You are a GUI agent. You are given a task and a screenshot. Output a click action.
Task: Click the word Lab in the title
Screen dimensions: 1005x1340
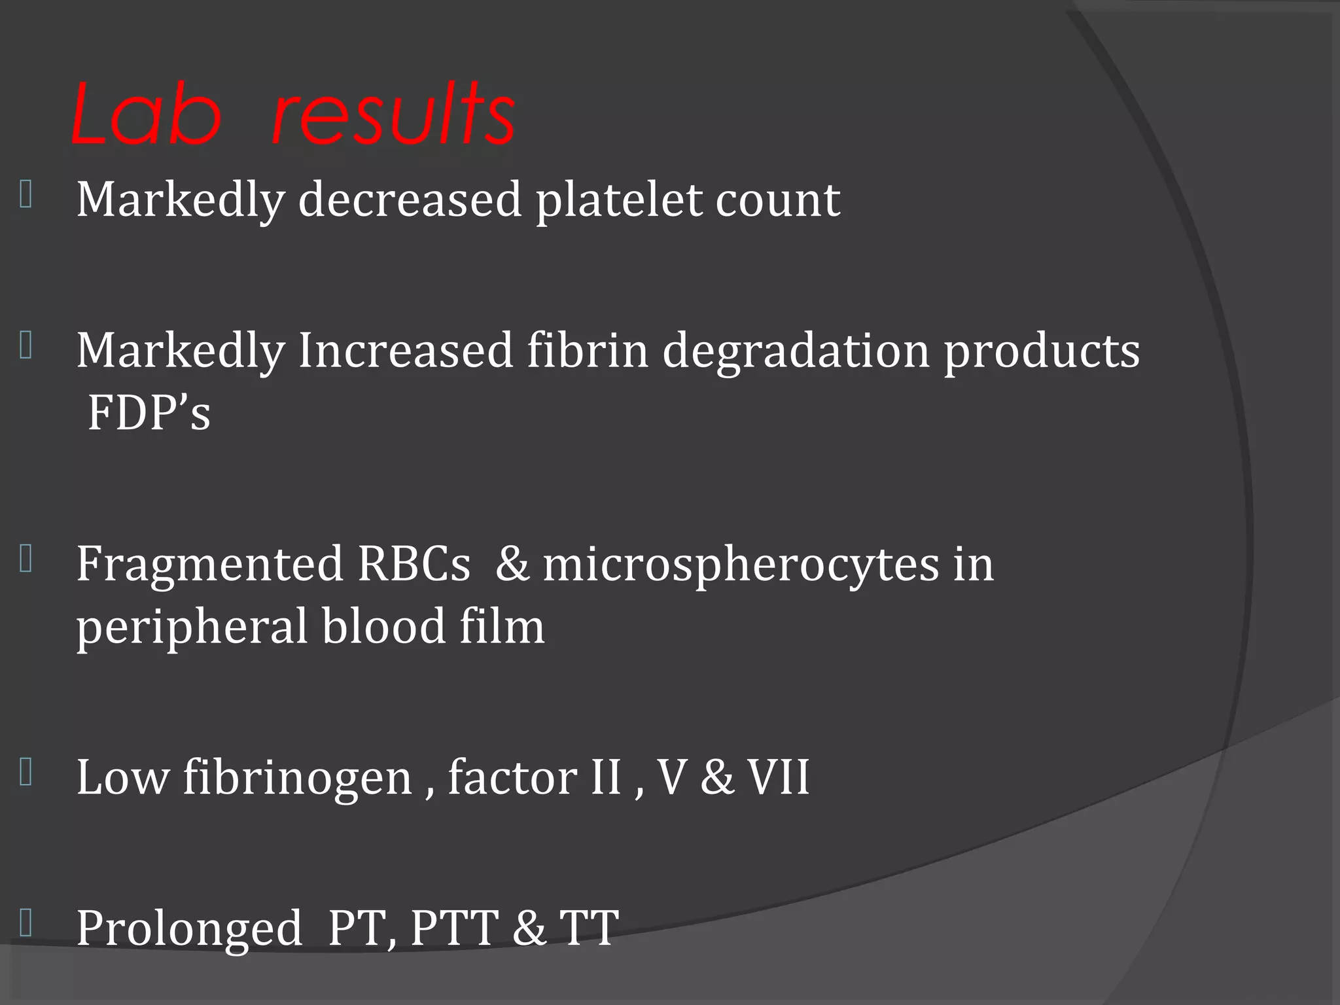point(146,116)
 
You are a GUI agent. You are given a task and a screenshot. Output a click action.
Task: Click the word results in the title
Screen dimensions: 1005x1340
point(393,116)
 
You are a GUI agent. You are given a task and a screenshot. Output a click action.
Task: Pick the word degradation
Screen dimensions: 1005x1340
point(796,351)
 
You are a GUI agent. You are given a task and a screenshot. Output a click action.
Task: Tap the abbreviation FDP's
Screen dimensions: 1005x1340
point(149,413)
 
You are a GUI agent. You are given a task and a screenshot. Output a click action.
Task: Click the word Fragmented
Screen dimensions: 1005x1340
point(209,565)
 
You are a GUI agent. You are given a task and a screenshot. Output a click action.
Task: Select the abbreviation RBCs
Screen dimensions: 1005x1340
point(414,564)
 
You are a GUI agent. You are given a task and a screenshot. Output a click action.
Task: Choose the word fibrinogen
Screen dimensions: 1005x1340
point(297,779)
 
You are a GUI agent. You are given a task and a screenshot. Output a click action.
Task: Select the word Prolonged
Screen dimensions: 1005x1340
point(190,929)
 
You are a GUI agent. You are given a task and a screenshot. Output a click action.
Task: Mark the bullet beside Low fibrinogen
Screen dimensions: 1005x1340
point(26,772)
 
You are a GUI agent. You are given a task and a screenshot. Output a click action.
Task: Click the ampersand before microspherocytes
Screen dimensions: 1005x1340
point(512,564)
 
